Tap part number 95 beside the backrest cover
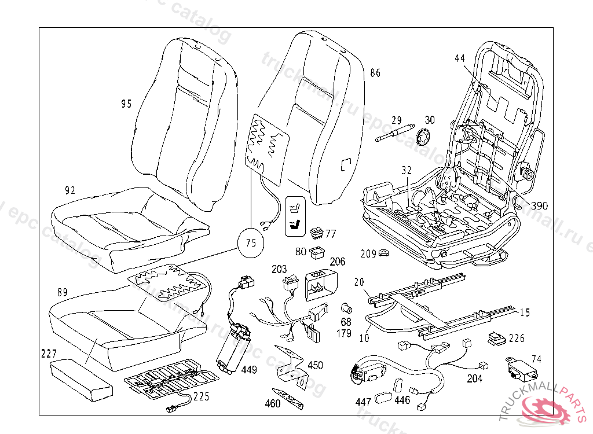126,104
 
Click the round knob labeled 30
426,138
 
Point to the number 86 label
375,73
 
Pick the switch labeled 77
316,233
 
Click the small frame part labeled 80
316,251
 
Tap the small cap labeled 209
384,253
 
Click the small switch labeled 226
496,338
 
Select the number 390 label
539,205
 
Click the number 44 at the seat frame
460,58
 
